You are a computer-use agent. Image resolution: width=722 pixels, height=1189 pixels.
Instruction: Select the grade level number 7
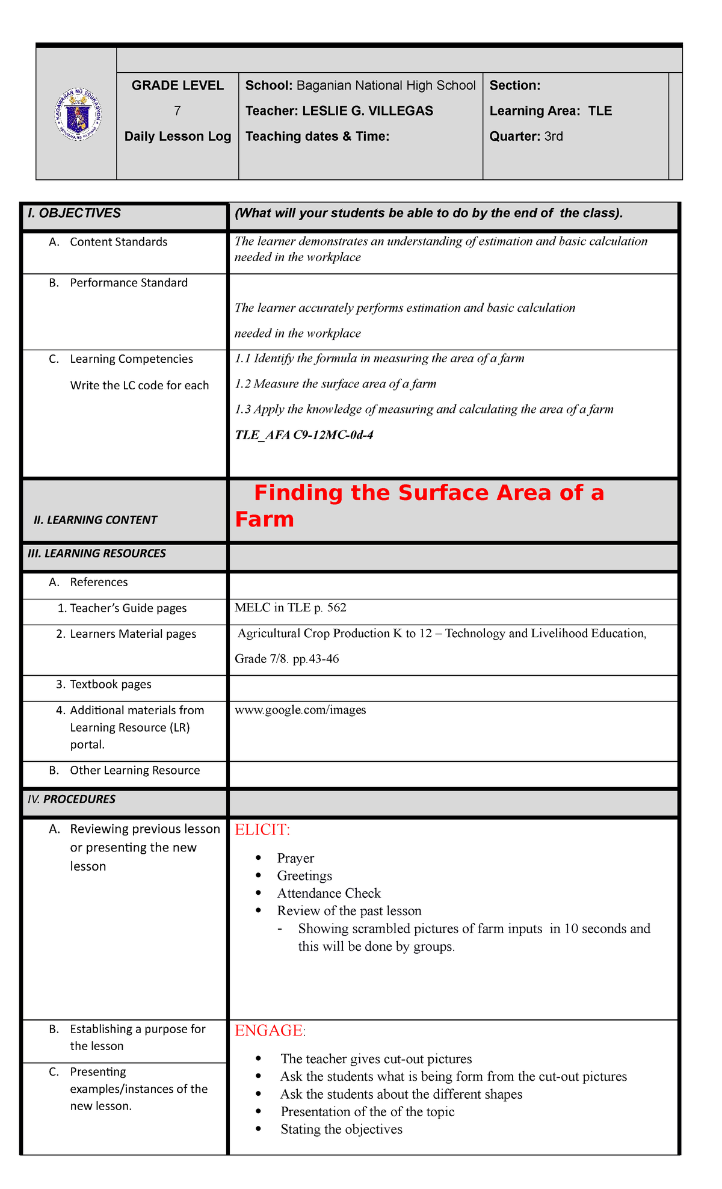(x=177, y=111)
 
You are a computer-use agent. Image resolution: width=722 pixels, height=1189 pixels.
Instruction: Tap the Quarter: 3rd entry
(x=526, y=137)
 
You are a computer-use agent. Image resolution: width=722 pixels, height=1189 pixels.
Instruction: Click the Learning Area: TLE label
(x=551, y=111)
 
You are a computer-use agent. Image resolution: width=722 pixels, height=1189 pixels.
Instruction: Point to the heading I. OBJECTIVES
(x=74, y=214)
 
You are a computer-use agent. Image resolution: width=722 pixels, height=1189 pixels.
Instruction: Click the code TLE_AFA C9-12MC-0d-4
(x=304, y=434)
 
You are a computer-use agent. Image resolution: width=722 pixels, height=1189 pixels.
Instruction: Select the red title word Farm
(x=264, y=519)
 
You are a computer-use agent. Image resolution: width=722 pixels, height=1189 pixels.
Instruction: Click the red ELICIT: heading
(x=262, y=830)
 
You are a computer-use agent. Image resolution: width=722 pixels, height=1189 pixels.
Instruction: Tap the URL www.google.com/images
(x=300, y=710)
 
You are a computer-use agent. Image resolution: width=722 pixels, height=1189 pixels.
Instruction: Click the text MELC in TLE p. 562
(x=291, y=608)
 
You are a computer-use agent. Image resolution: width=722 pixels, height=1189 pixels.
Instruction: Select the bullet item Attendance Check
(x=329, y=894)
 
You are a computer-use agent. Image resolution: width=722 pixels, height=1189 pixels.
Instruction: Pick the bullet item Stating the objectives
(x=341, y=1129)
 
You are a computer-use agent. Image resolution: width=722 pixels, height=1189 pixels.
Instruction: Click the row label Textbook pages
(x=110, y=685)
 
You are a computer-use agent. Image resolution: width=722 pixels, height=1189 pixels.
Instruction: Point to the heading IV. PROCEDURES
(x=72, y=800)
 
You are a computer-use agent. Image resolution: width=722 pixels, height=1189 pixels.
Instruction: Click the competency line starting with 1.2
(x=335, y=384)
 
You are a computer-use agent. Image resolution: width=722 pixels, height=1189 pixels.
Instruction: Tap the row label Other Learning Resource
(x=134, y=771)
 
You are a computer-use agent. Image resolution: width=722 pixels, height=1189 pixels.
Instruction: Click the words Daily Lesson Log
(x=177, y=137)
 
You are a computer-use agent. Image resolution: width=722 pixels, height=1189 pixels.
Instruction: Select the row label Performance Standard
(x=128, y=283)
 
